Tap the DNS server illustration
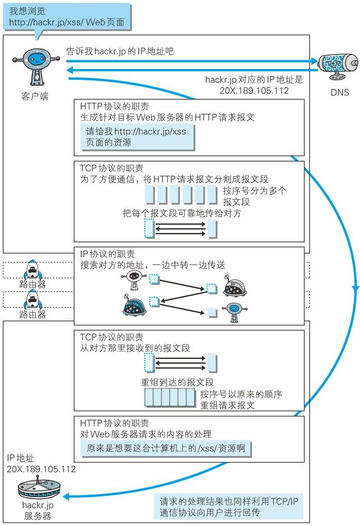click(337, 64)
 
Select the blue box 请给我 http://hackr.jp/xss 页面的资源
click(137, 137)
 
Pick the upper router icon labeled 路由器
click(32, 270)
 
